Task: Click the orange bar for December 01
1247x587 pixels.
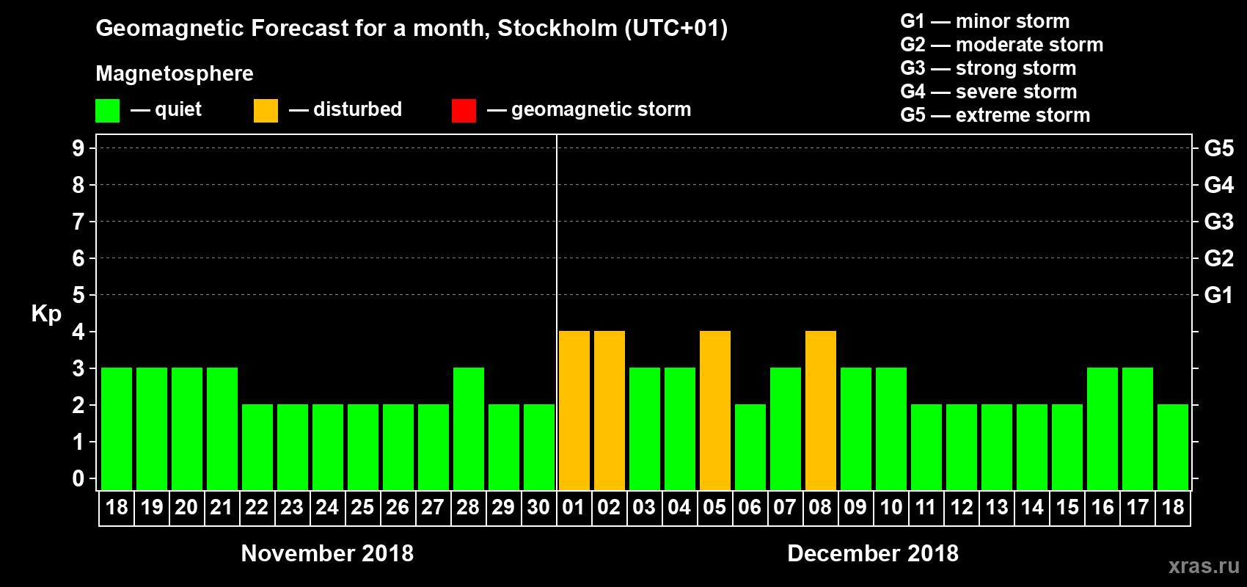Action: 574,411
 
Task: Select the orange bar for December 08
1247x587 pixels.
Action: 820,411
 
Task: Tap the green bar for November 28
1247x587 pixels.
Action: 468,429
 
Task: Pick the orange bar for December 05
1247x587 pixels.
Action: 714,411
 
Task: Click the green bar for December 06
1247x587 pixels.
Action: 750,448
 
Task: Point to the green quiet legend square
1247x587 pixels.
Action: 107,111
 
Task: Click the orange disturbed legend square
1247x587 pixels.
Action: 266,111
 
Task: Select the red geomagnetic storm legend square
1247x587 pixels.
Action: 464,111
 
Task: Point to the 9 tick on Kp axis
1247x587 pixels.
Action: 78,148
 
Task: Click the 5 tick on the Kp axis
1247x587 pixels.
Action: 78,295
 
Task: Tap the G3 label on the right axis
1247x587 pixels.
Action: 1218,222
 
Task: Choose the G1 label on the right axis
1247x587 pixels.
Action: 1218,295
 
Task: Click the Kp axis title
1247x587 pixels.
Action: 46,314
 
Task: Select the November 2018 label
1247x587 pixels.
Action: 327,553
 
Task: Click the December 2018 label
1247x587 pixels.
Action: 872,553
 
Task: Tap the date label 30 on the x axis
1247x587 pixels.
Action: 538,507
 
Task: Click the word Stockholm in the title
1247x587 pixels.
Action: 557,29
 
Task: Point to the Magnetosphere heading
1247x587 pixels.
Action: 175,73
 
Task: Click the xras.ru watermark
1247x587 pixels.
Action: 1204,566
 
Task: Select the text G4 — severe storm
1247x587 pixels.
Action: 989,92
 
